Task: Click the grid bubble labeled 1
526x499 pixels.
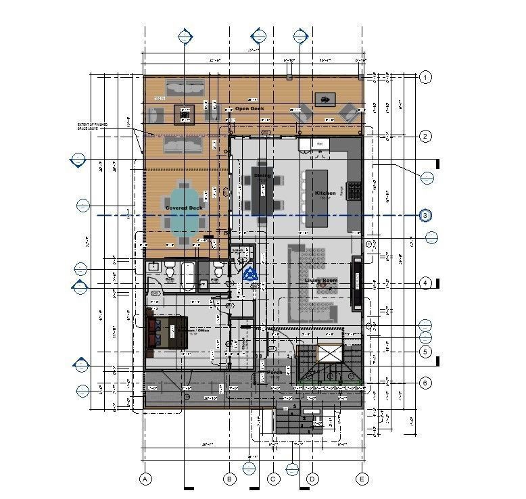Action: (425, 77)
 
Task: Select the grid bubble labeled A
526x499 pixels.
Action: (144, 479)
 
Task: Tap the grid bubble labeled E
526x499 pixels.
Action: (362, 479)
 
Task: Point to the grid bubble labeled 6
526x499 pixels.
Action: (425, 383)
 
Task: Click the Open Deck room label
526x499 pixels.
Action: (249, 108)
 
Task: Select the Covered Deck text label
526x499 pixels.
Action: (183, 208)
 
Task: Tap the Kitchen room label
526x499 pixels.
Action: (325, 193)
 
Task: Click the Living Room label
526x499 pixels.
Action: (320, 279)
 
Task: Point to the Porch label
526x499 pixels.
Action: (274, 372)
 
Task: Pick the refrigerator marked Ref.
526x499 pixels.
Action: (320, 143)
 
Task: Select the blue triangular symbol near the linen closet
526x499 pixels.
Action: (251, 274)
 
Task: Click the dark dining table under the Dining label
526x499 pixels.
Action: (263, 192)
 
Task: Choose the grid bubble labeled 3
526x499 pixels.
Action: (425, 216)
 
